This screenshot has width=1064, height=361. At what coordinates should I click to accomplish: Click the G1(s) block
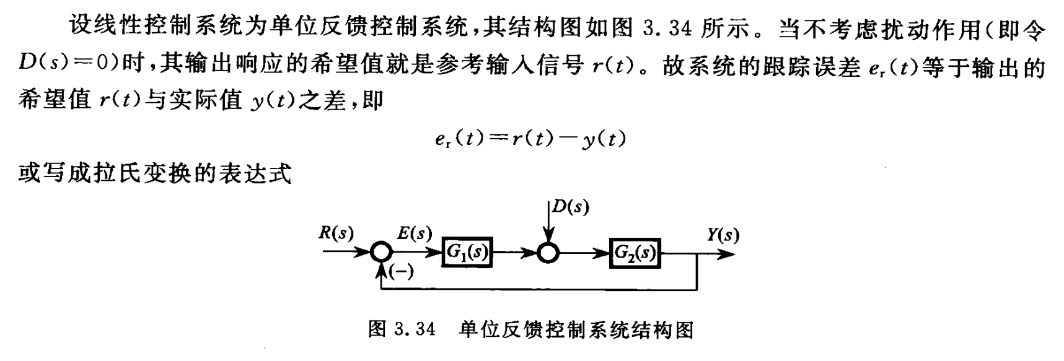coord(467,253)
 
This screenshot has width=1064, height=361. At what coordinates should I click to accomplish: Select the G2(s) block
coord(635,253)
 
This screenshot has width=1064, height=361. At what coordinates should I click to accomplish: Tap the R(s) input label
coord(336,233)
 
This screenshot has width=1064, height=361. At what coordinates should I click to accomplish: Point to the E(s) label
coord(415,233)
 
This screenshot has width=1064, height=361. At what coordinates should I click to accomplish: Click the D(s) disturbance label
coord(571,207)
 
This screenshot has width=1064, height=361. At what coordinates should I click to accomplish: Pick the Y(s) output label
coord(723,235)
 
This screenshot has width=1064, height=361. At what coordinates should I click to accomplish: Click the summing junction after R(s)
coord(380,253)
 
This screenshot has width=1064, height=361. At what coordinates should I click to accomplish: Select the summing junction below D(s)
coord(548,253)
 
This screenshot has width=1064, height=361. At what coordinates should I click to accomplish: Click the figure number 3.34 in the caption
coord(415,329)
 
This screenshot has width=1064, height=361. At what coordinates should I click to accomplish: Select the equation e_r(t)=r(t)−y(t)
coord(530,139)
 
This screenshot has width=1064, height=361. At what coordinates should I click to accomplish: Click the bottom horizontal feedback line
coord(539,289)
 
